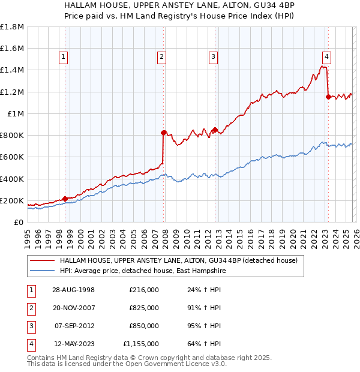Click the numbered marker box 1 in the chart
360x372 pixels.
click(64, 57)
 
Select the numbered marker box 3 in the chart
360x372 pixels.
click(213, 57)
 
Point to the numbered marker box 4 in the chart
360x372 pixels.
click(326, 57)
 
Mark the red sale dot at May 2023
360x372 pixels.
click(328, 97)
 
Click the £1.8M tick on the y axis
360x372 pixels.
click(12, 27)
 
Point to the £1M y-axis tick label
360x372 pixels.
click(16, 113)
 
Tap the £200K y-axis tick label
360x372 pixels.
click(12, 200)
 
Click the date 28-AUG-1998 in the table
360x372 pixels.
click(74, 290)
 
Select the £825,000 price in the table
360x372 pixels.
click(144, 308)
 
